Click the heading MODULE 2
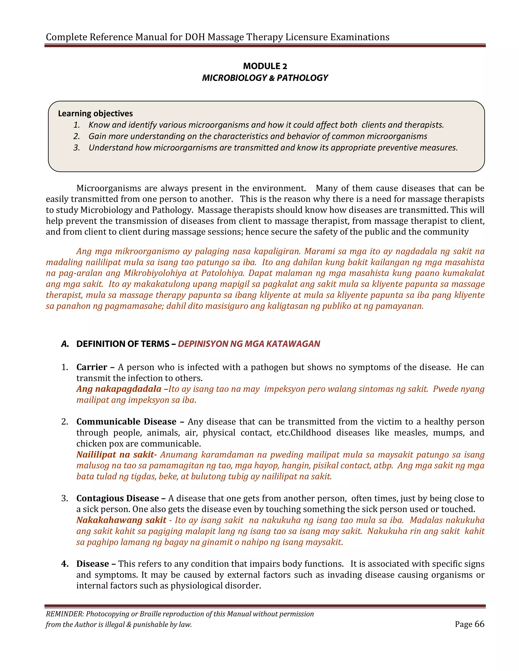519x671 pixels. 265,66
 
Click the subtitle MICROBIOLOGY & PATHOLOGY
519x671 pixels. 265,78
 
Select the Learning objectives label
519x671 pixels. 95,113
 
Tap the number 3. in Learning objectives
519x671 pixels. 77,148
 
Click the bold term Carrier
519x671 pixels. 92,367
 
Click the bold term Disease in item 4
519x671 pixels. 92,564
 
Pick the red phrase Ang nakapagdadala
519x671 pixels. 119,389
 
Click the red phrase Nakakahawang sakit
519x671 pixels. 121,520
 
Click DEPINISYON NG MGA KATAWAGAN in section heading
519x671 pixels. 249,344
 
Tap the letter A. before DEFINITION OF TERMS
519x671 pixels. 65,344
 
